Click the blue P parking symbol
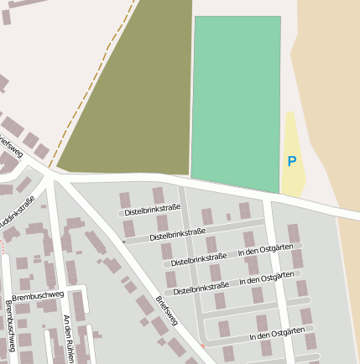(x=291, y=162)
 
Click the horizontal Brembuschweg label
(x=39, y=295)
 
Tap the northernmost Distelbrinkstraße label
(x=152, y=211)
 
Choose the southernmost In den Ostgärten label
(x=277, y=334)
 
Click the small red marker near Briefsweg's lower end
(x=202, y=345)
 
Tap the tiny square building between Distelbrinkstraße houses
(x=228, y=216)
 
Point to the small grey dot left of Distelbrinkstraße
(x=123, y=242)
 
